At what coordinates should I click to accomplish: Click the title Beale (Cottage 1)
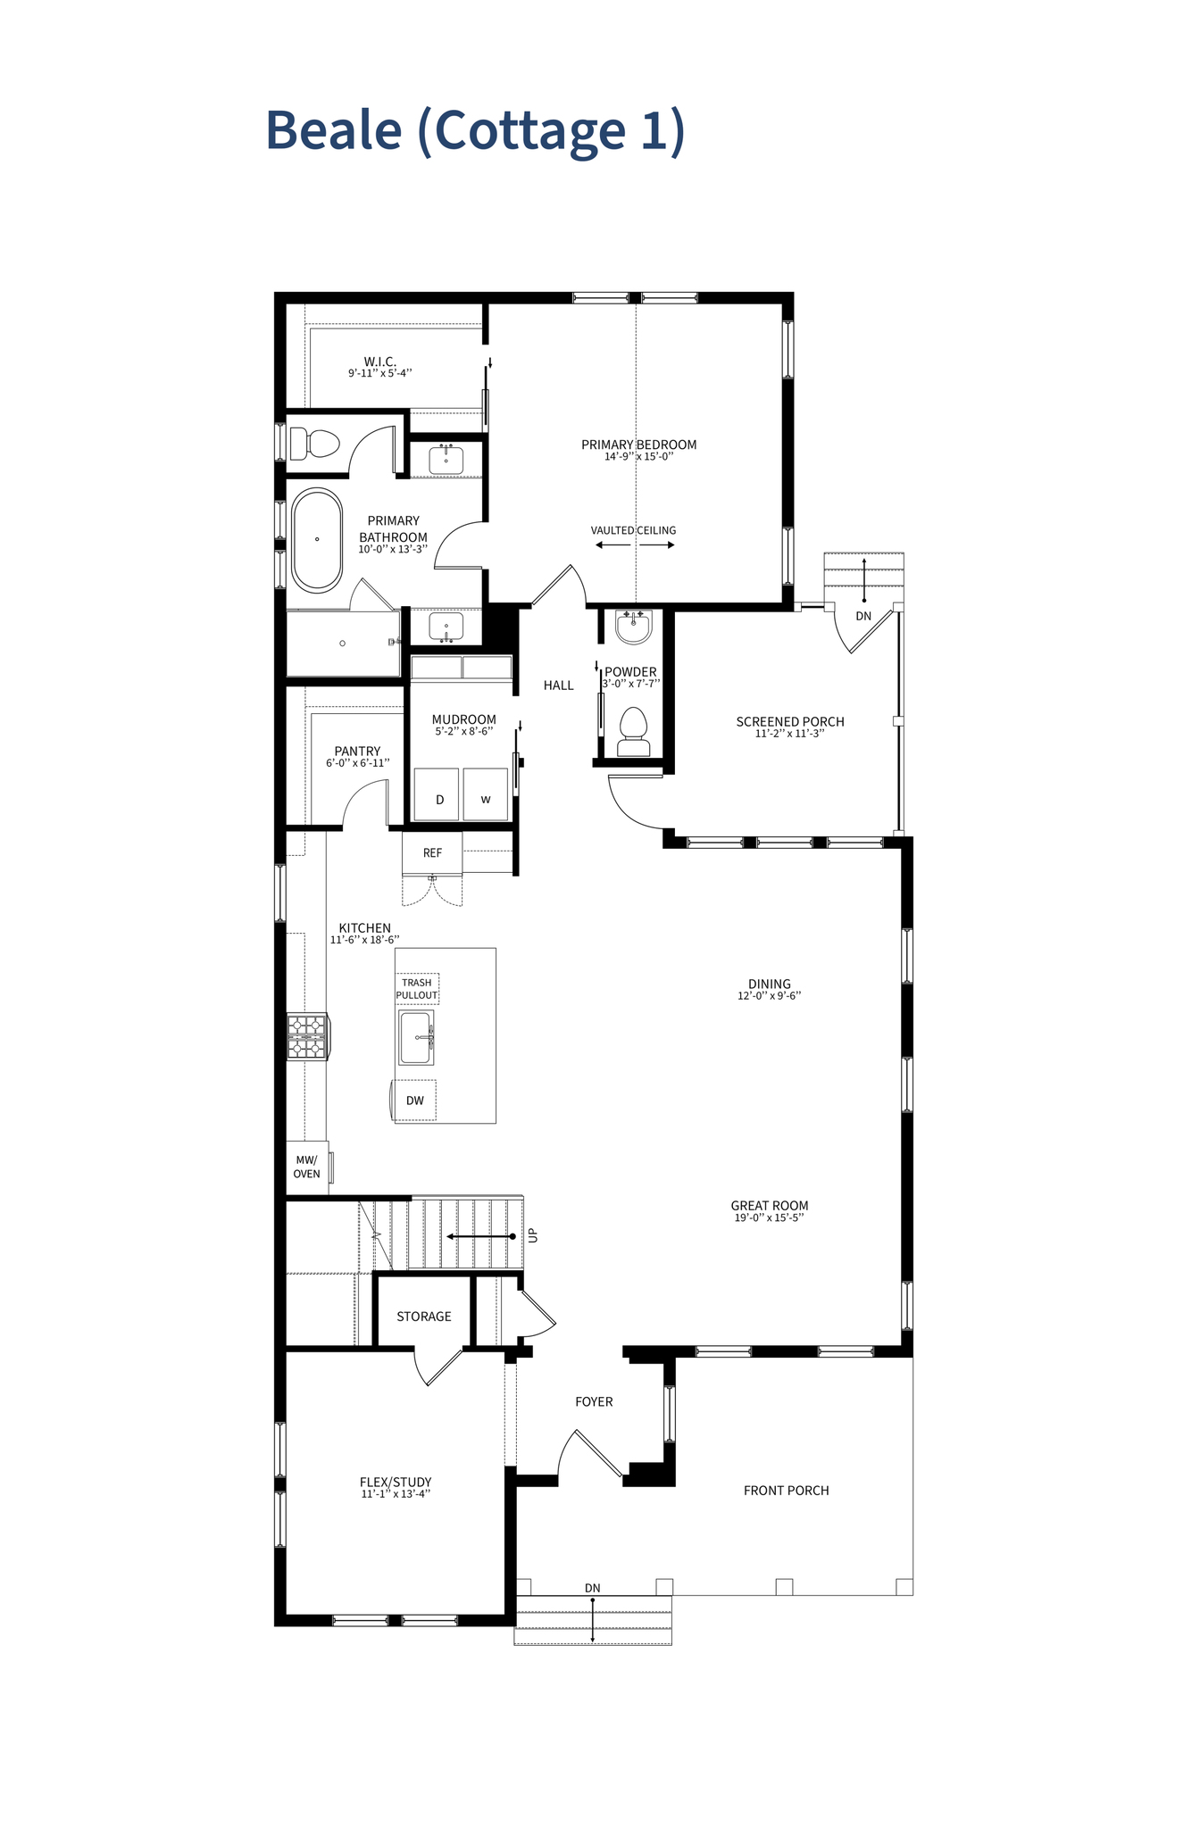pyautogui.click(x=475, y=130)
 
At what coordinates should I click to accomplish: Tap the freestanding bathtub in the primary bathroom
pyautogui.click(x=317, y=539)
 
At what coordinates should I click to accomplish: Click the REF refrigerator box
pyautogui.click(x=432, y=853)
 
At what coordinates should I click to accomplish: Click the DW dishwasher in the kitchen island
pyautogui.click(x=415, y=1101)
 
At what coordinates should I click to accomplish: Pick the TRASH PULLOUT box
pyautogui.click(x=417, y=989)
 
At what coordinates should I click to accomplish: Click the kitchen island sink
pyautogui.click(x=416, y=1038)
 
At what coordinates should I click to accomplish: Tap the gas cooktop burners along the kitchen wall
pyautogui.click(x=306, y=1036)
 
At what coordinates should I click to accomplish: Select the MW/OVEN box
pyautogui.click(x=306, y=1167)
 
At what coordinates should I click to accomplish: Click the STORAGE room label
pyautogui.click(x=423, y=1317)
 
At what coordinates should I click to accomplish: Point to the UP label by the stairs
pyautogui.click(x=533, y=1235)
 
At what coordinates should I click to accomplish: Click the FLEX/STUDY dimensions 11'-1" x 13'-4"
pyautogui.click(x=396, y=1494)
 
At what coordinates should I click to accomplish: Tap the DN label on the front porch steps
pyautogui.click(x=592, y=1588)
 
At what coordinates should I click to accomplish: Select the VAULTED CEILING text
pyautogui.click(x=633, y=530)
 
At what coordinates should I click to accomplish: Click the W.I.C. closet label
pyautogui.click(x=379, y=361)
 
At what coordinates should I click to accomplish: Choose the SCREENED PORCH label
pyautogui.click(x=789, y=721)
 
